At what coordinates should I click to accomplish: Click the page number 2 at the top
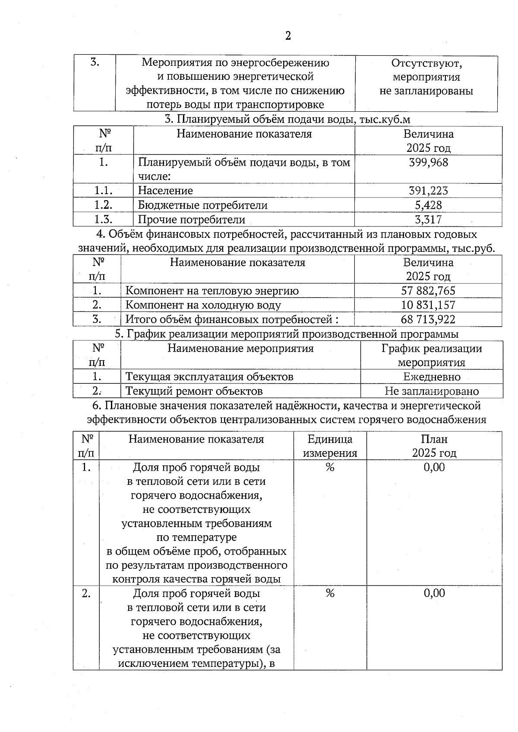[288, 36]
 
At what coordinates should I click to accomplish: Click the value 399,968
[428, 163]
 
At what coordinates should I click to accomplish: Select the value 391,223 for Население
[428, 191]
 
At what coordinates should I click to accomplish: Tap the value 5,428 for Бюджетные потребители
[428, 205]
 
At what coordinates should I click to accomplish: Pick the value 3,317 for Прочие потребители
[428, 220]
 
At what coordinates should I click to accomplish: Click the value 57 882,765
[428, 291]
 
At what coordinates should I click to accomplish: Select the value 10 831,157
[428, 305]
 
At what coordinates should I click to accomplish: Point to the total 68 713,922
[428, 320]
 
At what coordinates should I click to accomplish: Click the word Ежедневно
[432, 377]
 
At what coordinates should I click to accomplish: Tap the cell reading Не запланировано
[432, 391]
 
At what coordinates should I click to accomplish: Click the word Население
[165, 191]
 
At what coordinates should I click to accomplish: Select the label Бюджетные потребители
[202, 205]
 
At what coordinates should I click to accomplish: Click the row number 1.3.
[103, 220]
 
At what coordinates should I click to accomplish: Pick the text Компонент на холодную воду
[203, 305]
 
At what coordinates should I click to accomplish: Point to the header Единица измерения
[330, 446]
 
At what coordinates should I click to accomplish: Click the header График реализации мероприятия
[432, 355]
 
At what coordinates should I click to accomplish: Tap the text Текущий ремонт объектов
[194, 391]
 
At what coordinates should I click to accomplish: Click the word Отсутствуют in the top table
[426, 63]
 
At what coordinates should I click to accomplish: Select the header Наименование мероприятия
[240, 349]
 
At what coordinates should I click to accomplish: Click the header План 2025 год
[434, 446]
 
